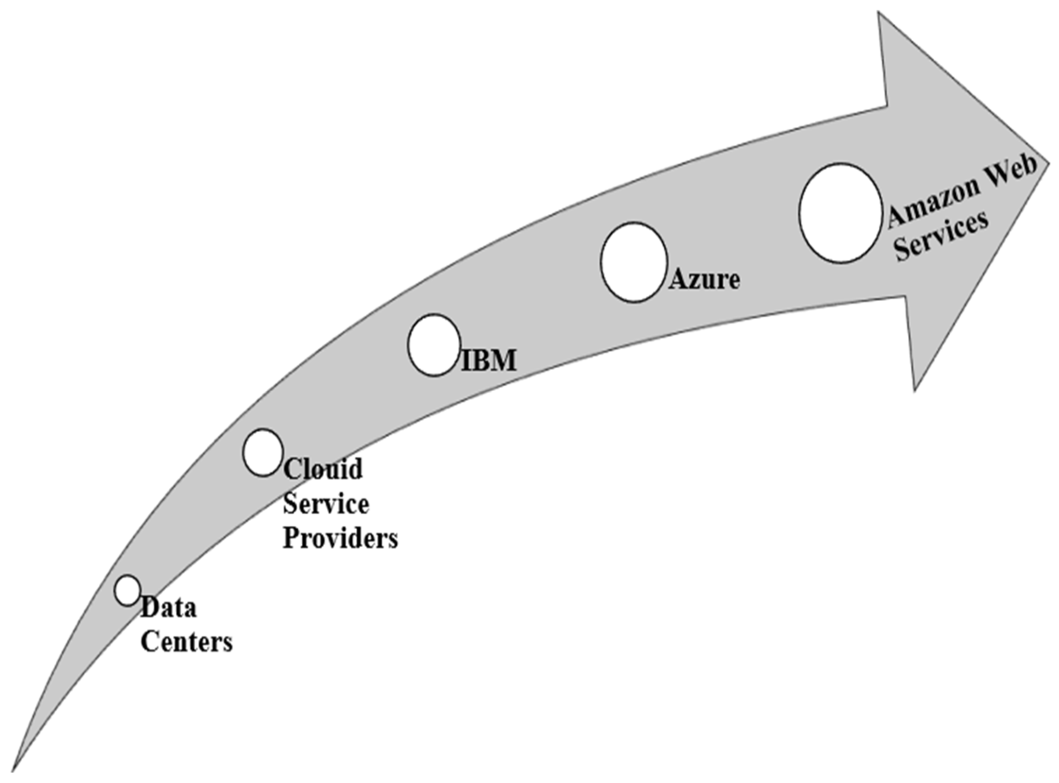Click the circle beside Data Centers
tap(127, 590)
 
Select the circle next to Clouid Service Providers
tap(263, 452)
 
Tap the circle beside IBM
tap(434, 344)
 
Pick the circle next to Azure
tap(634, 262)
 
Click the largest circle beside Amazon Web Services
tap(841, 213)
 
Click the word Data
tap(169, 608)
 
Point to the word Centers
tap(187, 642)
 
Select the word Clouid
tap(323, 469)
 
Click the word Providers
tap(340, 538)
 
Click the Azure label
tap(705, 279)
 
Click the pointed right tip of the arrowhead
tap(1048, 164)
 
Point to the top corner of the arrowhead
tap(879, 13)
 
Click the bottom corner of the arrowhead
tap(914, 391)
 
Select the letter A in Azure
tap(678, 280)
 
